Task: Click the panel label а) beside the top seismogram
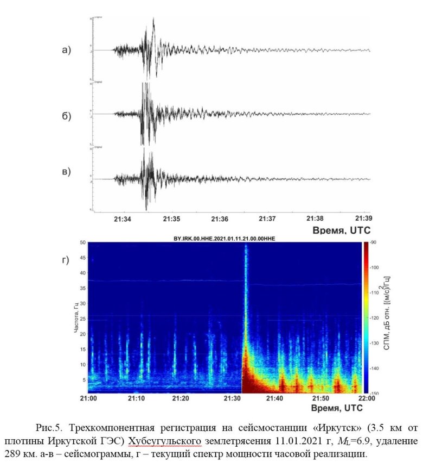(66, 51)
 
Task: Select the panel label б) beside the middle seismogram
(66, 116)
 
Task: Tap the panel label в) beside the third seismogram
(66, 172)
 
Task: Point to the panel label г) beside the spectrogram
(66, 260)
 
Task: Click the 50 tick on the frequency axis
(82, 242)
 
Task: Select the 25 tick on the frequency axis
(82, 319)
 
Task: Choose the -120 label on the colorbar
(374, 318)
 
